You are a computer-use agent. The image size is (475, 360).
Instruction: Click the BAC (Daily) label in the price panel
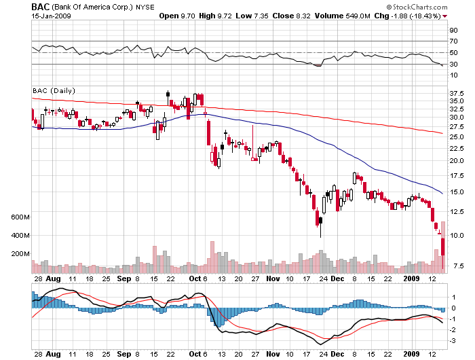(x=54, y=90)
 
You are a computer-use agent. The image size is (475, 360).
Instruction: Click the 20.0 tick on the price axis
(x=456, y=161)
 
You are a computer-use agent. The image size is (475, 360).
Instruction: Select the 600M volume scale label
(x=21, y=217)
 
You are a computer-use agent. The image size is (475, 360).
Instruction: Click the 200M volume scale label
(x=21, y=253)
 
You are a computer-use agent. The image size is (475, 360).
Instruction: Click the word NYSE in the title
(x=145, y=7)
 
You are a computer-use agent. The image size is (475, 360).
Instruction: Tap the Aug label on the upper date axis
(x=54, y=278)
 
